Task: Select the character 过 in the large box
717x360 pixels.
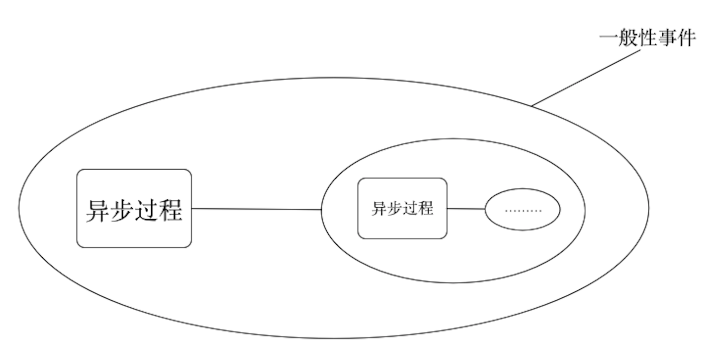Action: [x=146, y=210]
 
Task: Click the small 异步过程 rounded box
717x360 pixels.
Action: [x=402, y=226]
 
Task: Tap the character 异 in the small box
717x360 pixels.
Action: [x=379, y=208]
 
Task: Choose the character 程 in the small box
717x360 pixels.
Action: [x=426, y=208]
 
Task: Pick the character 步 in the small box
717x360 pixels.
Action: [x=395, y=208]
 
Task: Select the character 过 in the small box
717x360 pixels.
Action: [x=410, y=208]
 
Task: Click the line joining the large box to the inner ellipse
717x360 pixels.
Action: [x=257, y=209]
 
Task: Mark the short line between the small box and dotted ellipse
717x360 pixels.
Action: [x=466, y=209]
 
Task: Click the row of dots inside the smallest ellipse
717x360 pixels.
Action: [x=523, y=211]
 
